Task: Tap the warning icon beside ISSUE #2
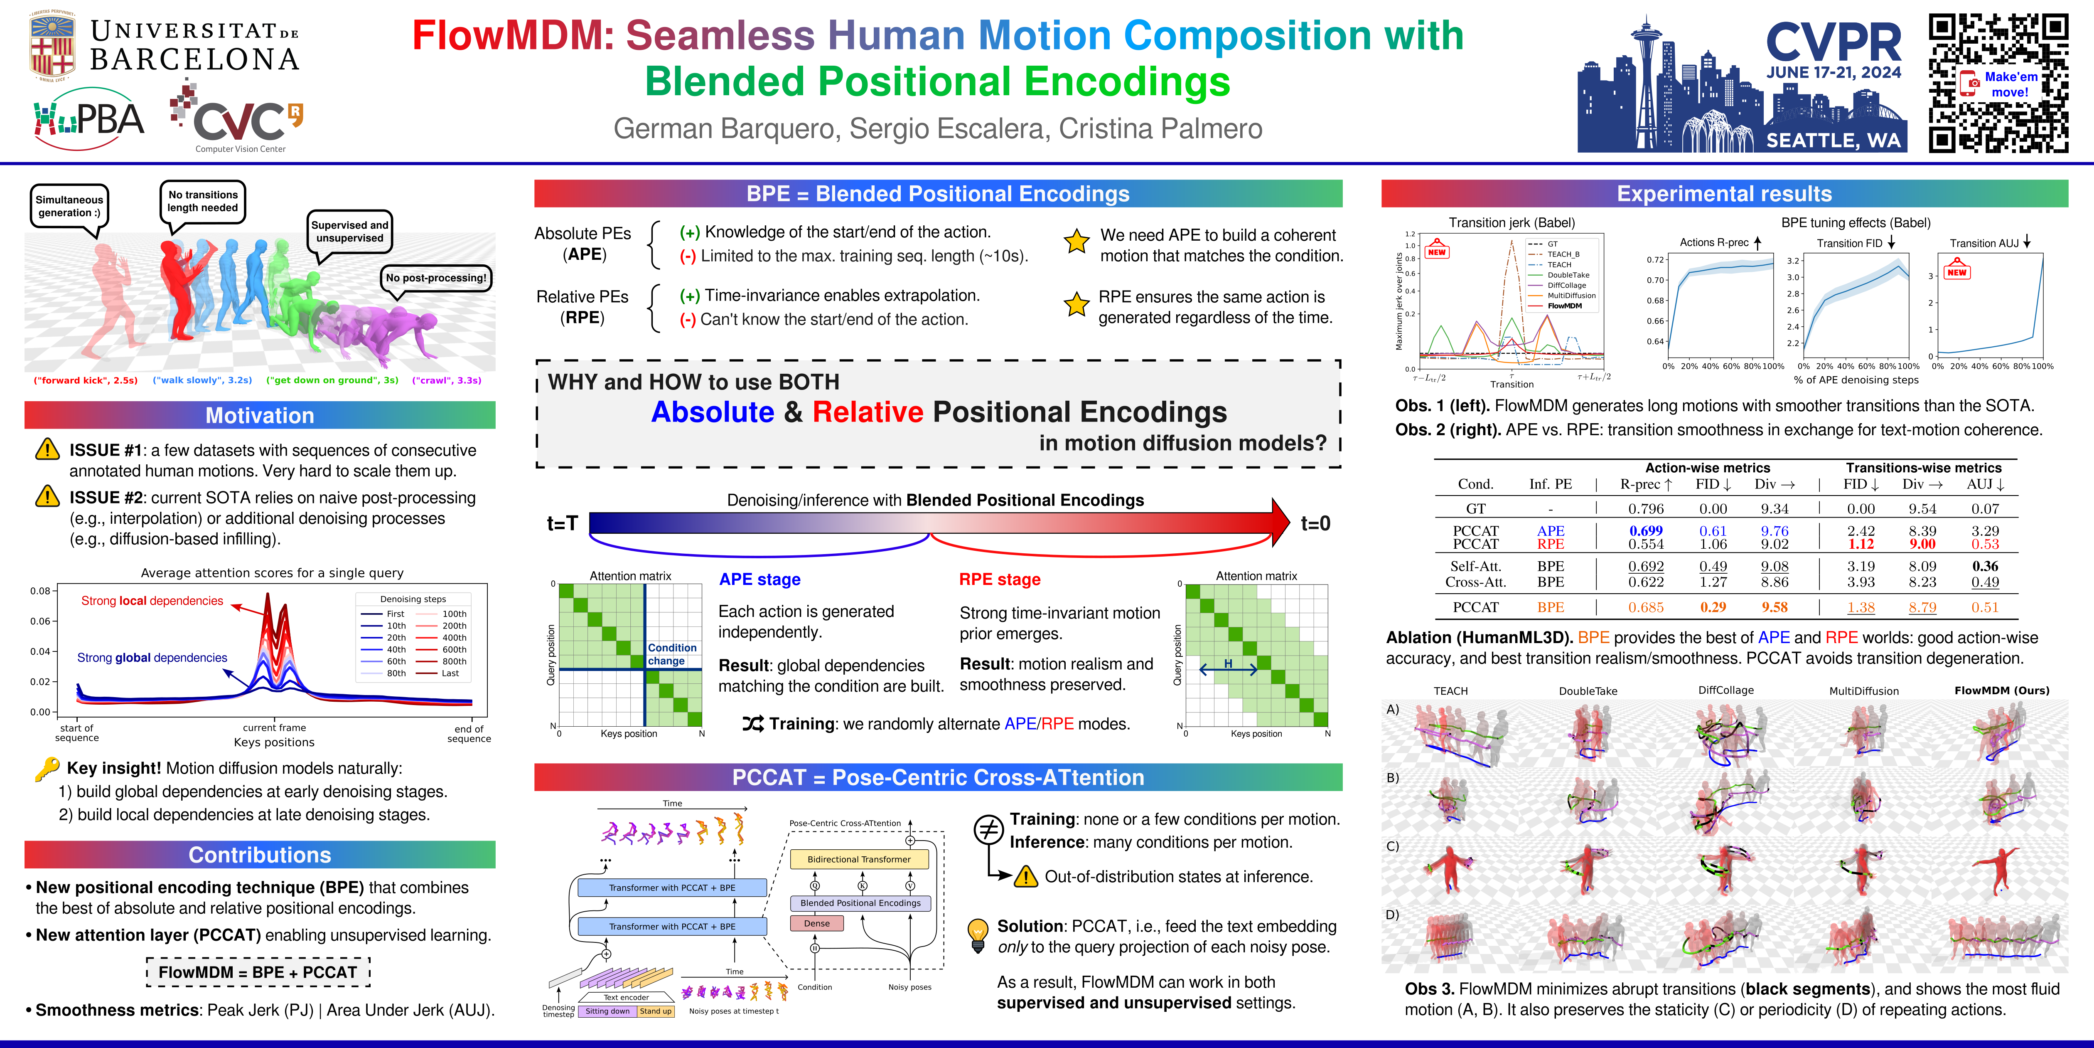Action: pos(48,496)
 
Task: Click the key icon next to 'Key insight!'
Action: pos(47,768)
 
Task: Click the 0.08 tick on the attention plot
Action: pos(41,591)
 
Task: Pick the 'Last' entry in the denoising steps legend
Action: pos(450,673)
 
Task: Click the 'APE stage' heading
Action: pos(759,579)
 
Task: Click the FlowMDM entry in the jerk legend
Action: pos(1564,306)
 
